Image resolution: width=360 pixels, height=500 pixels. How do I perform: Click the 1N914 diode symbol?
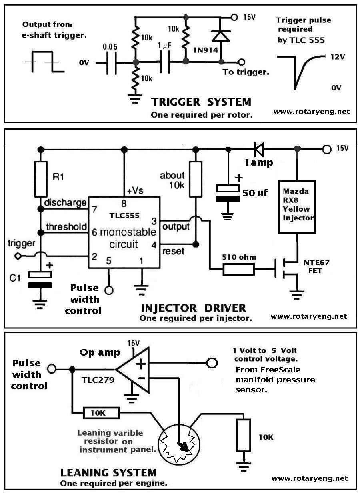point(221,36)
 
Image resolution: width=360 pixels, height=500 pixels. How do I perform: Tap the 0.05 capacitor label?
point(110,47)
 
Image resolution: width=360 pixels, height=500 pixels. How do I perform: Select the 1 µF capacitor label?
point(165,46)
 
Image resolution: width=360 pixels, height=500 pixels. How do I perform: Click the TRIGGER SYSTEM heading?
point(201,102)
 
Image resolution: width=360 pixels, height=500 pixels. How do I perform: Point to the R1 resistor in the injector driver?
point(41,179)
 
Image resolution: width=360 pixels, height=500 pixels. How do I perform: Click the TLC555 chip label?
point(124,216)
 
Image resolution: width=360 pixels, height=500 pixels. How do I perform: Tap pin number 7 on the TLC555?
point(94,210)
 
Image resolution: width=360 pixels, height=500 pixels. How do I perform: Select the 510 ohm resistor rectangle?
point(238,269)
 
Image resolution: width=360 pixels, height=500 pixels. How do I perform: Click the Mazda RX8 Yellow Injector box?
point(297,207)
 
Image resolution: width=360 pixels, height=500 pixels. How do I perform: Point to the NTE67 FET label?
point(316,267)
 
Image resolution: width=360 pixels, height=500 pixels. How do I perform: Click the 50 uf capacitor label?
point(255,193)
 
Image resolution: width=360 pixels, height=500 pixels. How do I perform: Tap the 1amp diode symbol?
point(259,149)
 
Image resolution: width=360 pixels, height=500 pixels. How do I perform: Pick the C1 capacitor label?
point(15,278)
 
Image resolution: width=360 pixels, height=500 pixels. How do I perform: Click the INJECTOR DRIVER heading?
point(194,308)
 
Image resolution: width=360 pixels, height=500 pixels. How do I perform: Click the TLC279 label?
point(98,380)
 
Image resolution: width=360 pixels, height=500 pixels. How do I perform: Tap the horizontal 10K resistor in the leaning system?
point(101,413)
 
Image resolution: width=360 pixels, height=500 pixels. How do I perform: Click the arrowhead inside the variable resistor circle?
point(184,447)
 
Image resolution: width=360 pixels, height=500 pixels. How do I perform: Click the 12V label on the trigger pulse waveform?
point(338,57)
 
